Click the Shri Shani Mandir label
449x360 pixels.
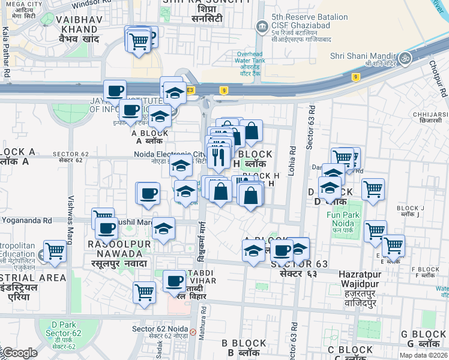pos(361,57)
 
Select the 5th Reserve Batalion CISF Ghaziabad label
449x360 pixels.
pos(301,26)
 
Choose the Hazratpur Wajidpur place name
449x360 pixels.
pos(358,283)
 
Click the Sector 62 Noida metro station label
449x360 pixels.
pos(160,329)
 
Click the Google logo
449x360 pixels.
pos(19,352)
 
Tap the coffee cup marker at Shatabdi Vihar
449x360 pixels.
pos(175,281)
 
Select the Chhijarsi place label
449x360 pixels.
pos(430,115)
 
